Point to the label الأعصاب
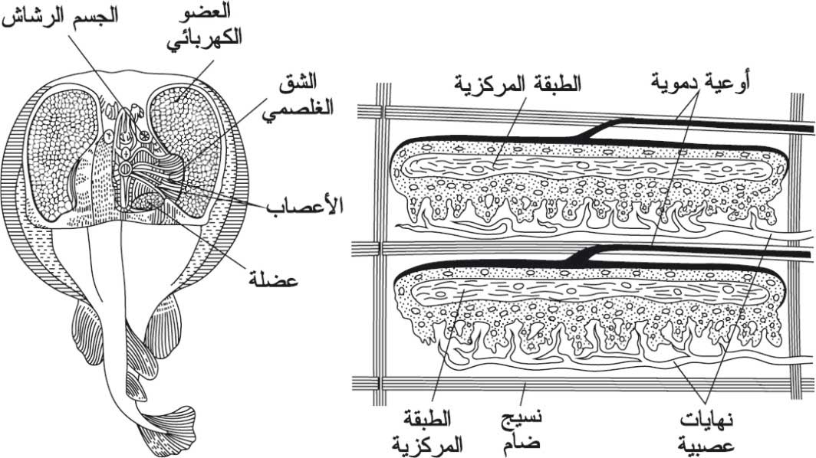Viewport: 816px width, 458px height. click(305, 206)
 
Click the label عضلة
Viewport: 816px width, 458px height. click(272, 280)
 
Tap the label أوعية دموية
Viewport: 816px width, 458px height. click(700, 83)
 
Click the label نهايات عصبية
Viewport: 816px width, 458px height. click(707, 431)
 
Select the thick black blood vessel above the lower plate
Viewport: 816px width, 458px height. click(692, 253)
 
